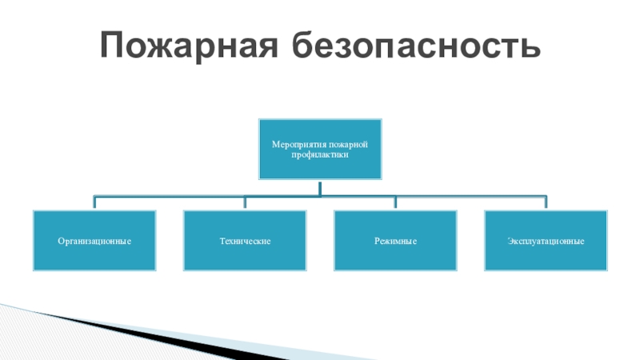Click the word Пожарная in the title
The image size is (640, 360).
coord(189,46)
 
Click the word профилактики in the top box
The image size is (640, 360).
coord(320,154)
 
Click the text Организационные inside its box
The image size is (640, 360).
coord(94,241)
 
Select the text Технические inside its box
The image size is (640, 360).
coord(245,241)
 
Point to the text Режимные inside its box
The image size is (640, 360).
coord(395,241)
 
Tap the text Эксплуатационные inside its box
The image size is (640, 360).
coord(546,241)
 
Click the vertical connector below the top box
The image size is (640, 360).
coord(319,187)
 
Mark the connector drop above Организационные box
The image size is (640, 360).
coord(94,202)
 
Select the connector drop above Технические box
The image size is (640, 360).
coord(245,202)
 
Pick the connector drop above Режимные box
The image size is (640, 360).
coord(395,202)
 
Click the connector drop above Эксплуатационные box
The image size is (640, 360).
coord(546,202)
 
